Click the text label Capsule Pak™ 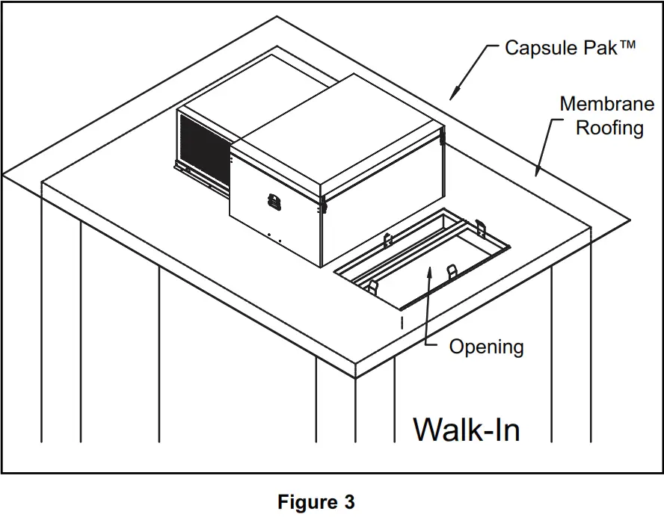click(x=570, y=48)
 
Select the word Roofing click(x=609, y=128)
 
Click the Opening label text click(x=486, y=347)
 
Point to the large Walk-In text click(x=467, y=430)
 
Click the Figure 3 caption click(x=316, y=502)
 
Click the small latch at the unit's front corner click(x=324, y=202)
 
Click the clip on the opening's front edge click(x=451, y=271)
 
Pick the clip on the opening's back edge click(x=387, y=239)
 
